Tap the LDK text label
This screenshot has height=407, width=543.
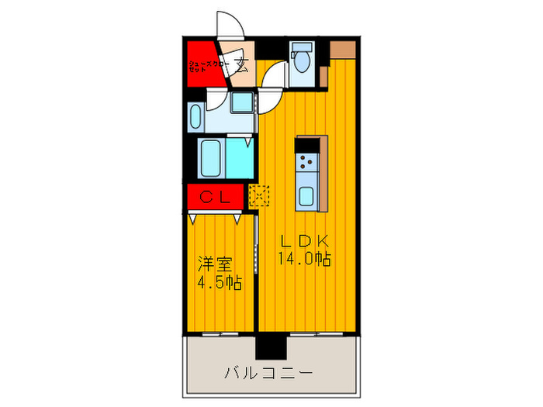pos(303,240)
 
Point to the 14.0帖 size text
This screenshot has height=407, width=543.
pos(304,260)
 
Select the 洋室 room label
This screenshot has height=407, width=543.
pos(213,264)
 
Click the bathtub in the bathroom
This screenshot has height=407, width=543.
pos(212,159)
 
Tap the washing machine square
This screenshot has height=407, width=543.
pos(243,102)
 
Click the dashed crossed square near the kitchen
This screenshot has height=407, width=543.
pos(259,195)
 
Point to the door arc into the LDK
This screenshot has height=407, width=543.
pos(272,78)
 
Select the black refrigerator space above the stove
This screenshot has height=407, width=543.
pos(312,144)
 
